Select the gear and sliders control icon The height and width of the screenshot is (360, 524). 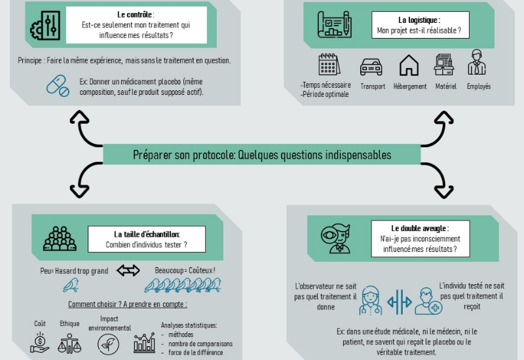(45, 25)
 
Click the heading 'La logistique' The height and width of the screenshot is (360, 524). (421, 20)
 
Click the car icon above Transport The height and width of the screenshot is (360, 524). (371, 66)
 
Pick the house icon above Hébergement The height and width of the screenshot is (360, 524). (409, 65)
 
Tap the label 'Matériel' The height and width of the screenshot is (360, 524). (445, 86)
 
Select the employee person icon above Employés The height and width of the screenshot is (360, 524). (477, 63)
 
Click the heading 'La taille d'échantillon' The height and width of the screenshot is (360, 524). (147, 234)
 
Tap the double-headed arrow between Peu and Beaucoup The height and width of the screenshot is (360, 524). (128, 270)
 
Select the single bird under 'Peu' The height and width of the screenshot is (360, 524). (71, 285)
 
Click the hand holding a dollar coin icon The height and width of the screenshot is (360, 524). (40, 342)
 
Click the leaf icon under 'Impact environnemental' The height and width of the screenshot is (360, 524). (108, 344)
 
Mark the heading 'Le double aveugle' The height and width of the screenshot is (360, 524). (420, 228)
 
